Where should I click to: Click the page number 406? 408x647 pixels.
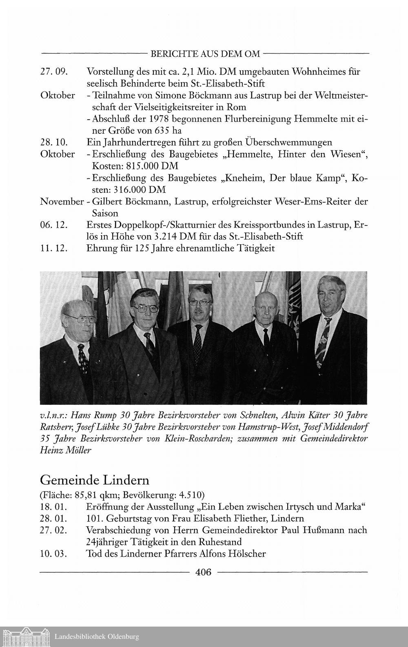point(204,573)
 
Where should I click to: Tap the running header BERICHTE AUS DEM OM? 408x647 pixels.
point(205,54)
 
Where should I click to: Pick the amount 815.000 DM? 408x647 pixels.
point(135,167)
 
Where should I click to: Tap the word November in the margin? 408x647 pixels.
point(61,201)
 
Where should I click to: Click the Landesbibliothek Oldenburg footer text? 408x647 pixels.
point(97,636)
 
